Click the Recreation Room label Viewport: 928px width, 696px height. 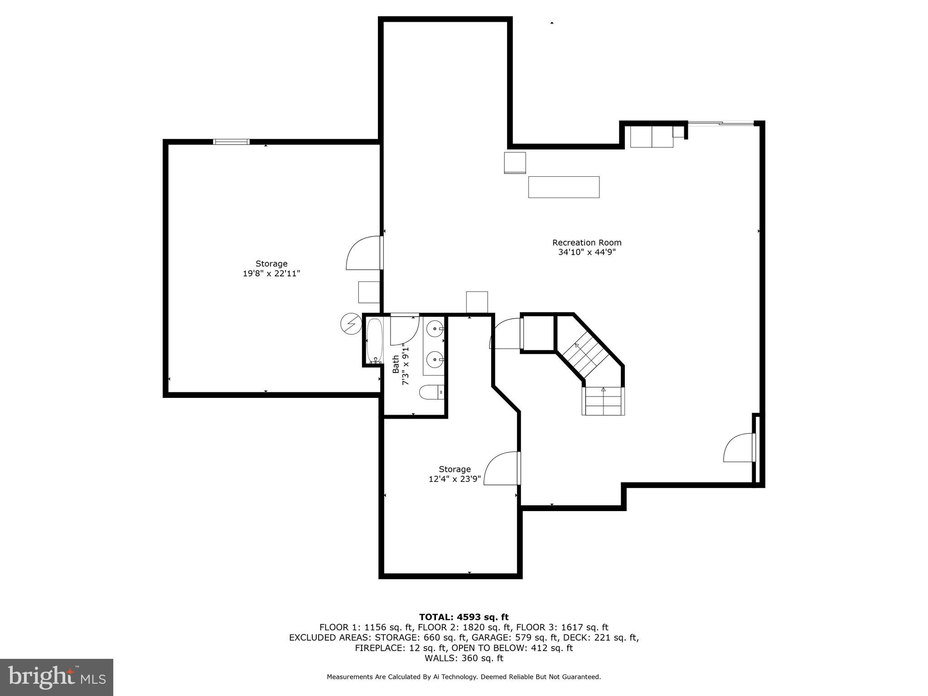click(586, 242)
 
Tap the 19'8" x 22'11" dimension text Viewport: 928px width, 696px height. click(271, 274)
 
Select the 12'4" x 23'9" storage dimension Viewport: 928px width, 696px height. click(454, 479)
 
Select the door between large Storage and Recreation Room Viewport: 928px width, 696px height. click(365, 254)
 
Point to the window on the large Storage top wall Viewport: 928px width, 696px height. click(231, 142)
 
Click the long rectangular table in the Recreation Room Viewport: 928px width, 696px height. click(564, 187)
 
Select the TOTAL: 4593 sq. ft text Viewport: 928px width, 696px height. click(464, 617)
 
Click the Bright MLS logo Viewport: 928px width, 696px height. click(57, 677)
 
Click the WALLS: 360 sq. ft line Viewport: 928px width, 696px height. click(464, 658)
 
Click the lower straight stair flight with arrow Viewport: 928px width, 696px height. click(603, 401)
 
